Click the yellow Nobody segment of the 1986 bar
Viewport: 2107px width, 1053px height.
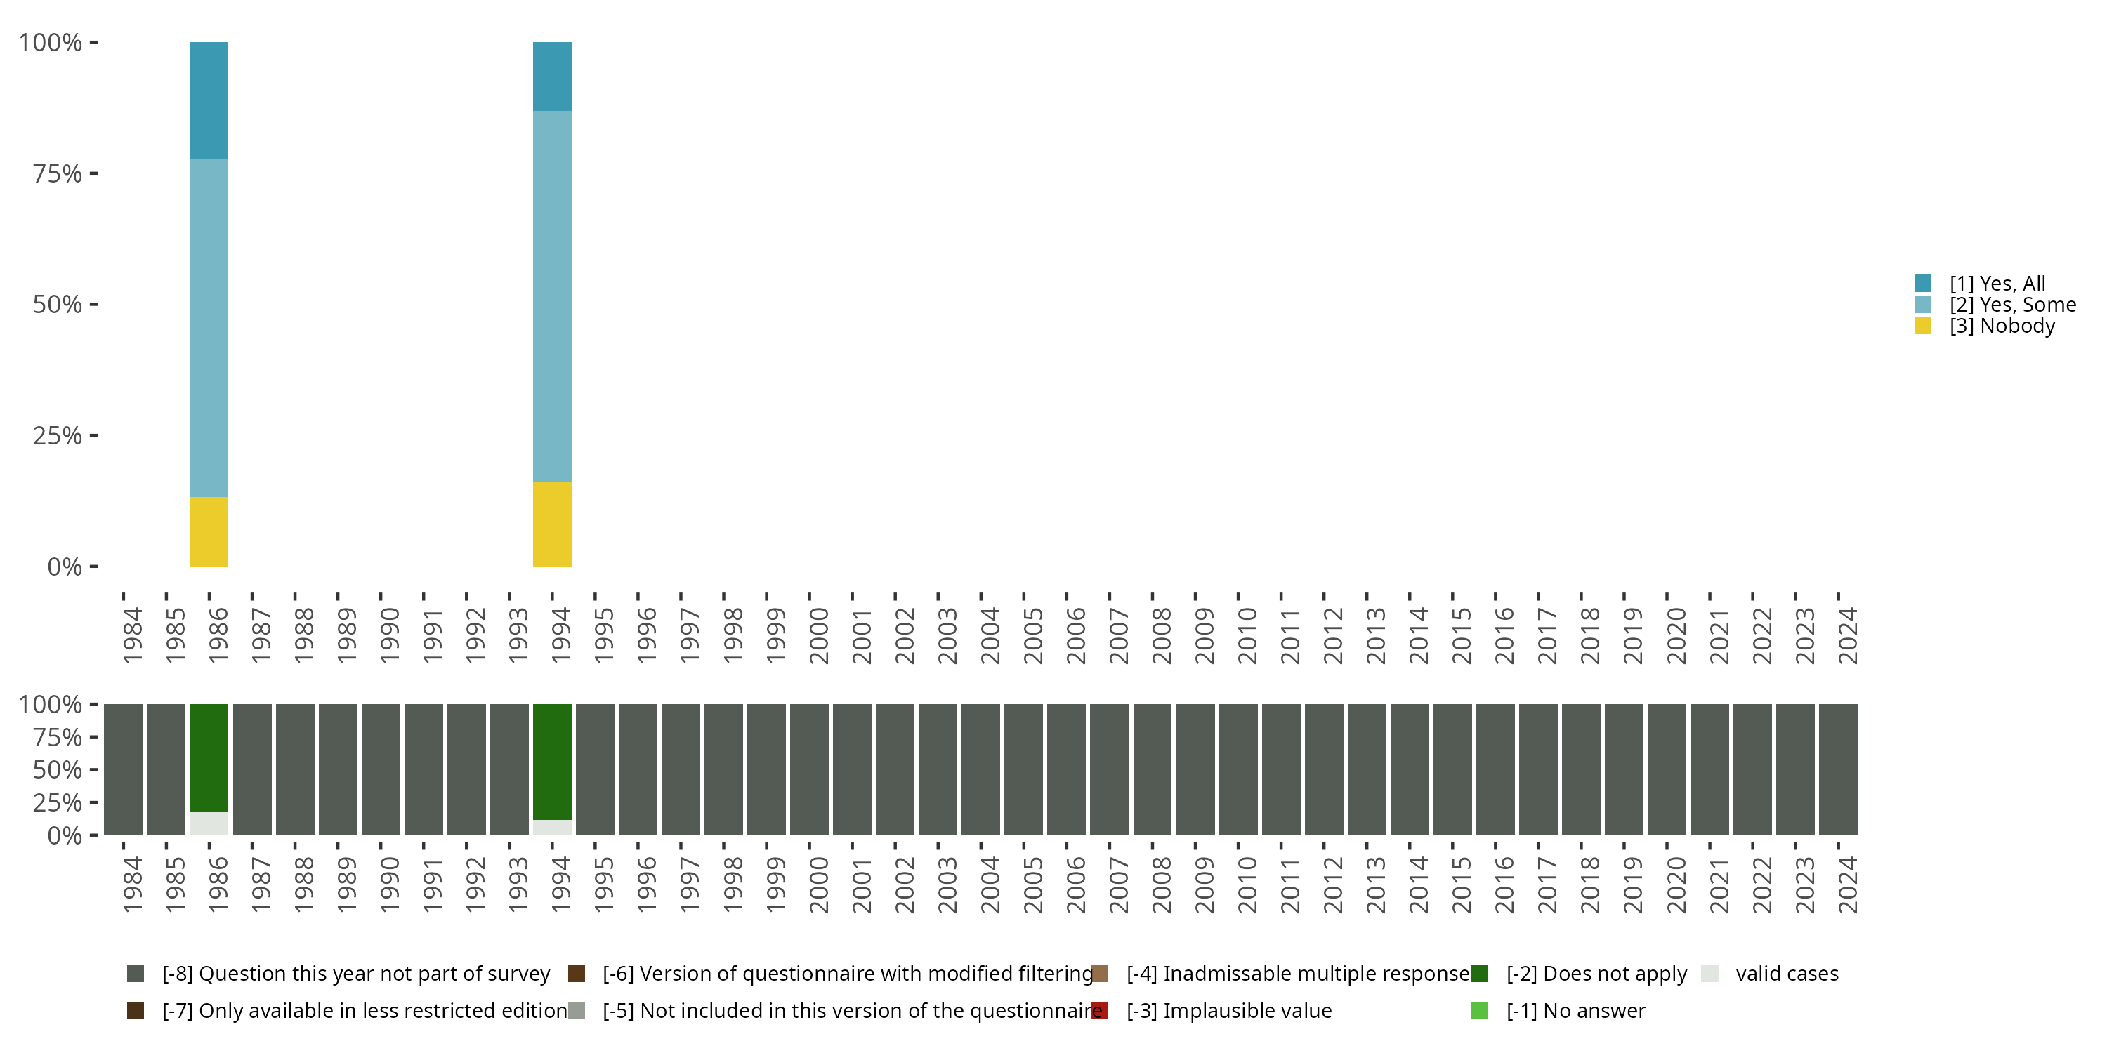209,531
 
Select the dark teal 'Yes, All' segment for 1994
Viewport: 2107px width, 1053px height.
552,76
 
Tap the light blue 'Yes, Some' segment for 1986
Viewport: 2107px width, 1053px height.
209,327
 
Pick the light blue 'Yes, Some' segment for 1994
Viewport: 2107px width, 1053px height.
552,296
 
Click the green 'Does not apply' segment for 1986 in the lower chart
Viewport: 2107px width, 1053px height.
209,757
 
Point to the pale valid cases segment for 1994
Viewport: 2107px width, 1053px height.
552,828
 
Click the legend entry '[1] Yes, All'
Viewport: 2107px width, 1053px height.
1997,284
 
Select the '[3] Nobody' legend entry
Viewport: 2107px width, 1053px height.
2002,326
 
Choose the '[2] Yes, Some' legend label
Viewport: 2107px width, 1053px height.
2012,305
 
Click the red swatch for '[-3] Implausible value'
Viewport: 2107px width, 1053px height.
1100,1010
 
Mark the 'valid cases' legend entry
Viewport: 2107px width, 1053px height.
1786,974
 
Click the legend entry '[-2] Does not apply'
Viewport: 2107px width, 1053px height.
1596,974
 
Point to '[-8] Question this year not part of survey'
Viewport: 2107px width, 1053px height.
356,974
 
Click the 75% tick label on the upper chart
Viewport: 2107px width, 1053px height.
58,174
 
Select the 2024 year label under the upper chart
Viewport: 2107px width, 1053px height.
1847,636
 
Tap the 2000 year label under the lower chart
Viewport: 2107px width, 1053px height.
818,885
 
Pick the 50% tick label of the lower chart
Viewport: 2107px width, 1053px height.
58,770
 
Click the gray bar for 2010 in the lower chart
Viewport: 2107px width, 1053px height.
1238,769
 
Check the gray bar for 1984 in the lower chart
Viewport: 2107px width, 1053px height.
123,769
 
